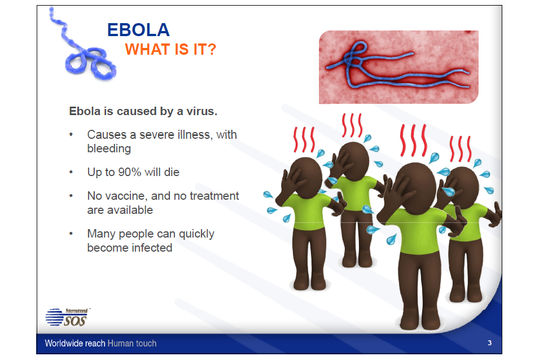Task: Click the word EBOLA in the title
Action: pyautogui.click(x=138, y=30)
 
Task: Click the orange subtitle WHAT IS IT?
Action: pyautogui.click(x=170, y=50)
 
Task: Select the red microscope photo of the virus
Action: pyautogui.click(x=399, y=67)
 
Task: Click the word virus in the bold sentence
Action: pyautogui.click(x=202, y=111)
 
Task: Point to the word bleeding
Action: pyautogui.click(x=109, y=148)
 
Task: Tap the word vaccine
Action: pyautogui.click(x=126, y=196)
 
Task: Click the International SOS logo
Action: pyautogui.click(x=68, y=317)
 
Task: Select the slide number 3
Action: pyautogui.click(x=489, y=343)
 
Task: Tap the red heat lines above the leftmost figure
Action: pyautogui.click(x=304, y=139)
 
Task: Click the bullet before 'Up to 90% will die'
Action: pyautogui.click(x=71, y=172)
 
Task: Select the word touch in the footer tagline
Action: pyautogui.click(x=146, y=343)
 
